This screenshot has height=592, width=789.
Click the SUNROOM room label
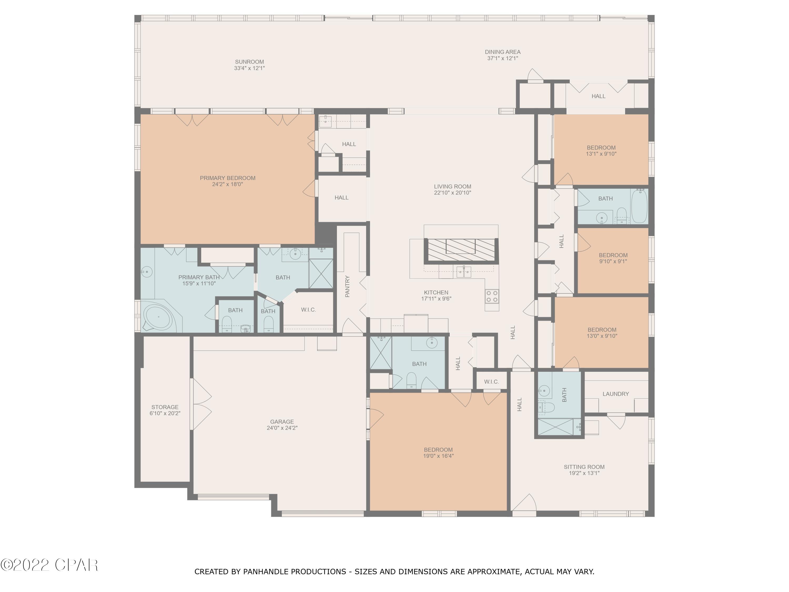249,62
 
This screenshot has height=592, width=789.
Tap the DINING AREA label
502,52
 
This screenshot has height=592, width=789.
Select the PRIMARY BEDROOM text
227,178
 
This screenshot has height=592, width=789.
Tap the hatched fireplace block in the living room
461,249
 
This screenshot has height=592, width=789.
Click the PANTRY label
347,286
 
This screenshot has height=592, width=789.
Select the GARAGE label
282,422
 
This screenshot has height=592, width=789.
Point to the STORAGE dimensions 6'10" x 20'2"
165,414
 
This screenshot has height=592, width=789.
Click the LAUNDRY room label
616,394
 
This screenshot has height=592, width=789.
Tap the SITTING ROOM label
584,467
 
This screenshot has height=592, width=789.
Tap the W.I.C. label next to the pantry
308,310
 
